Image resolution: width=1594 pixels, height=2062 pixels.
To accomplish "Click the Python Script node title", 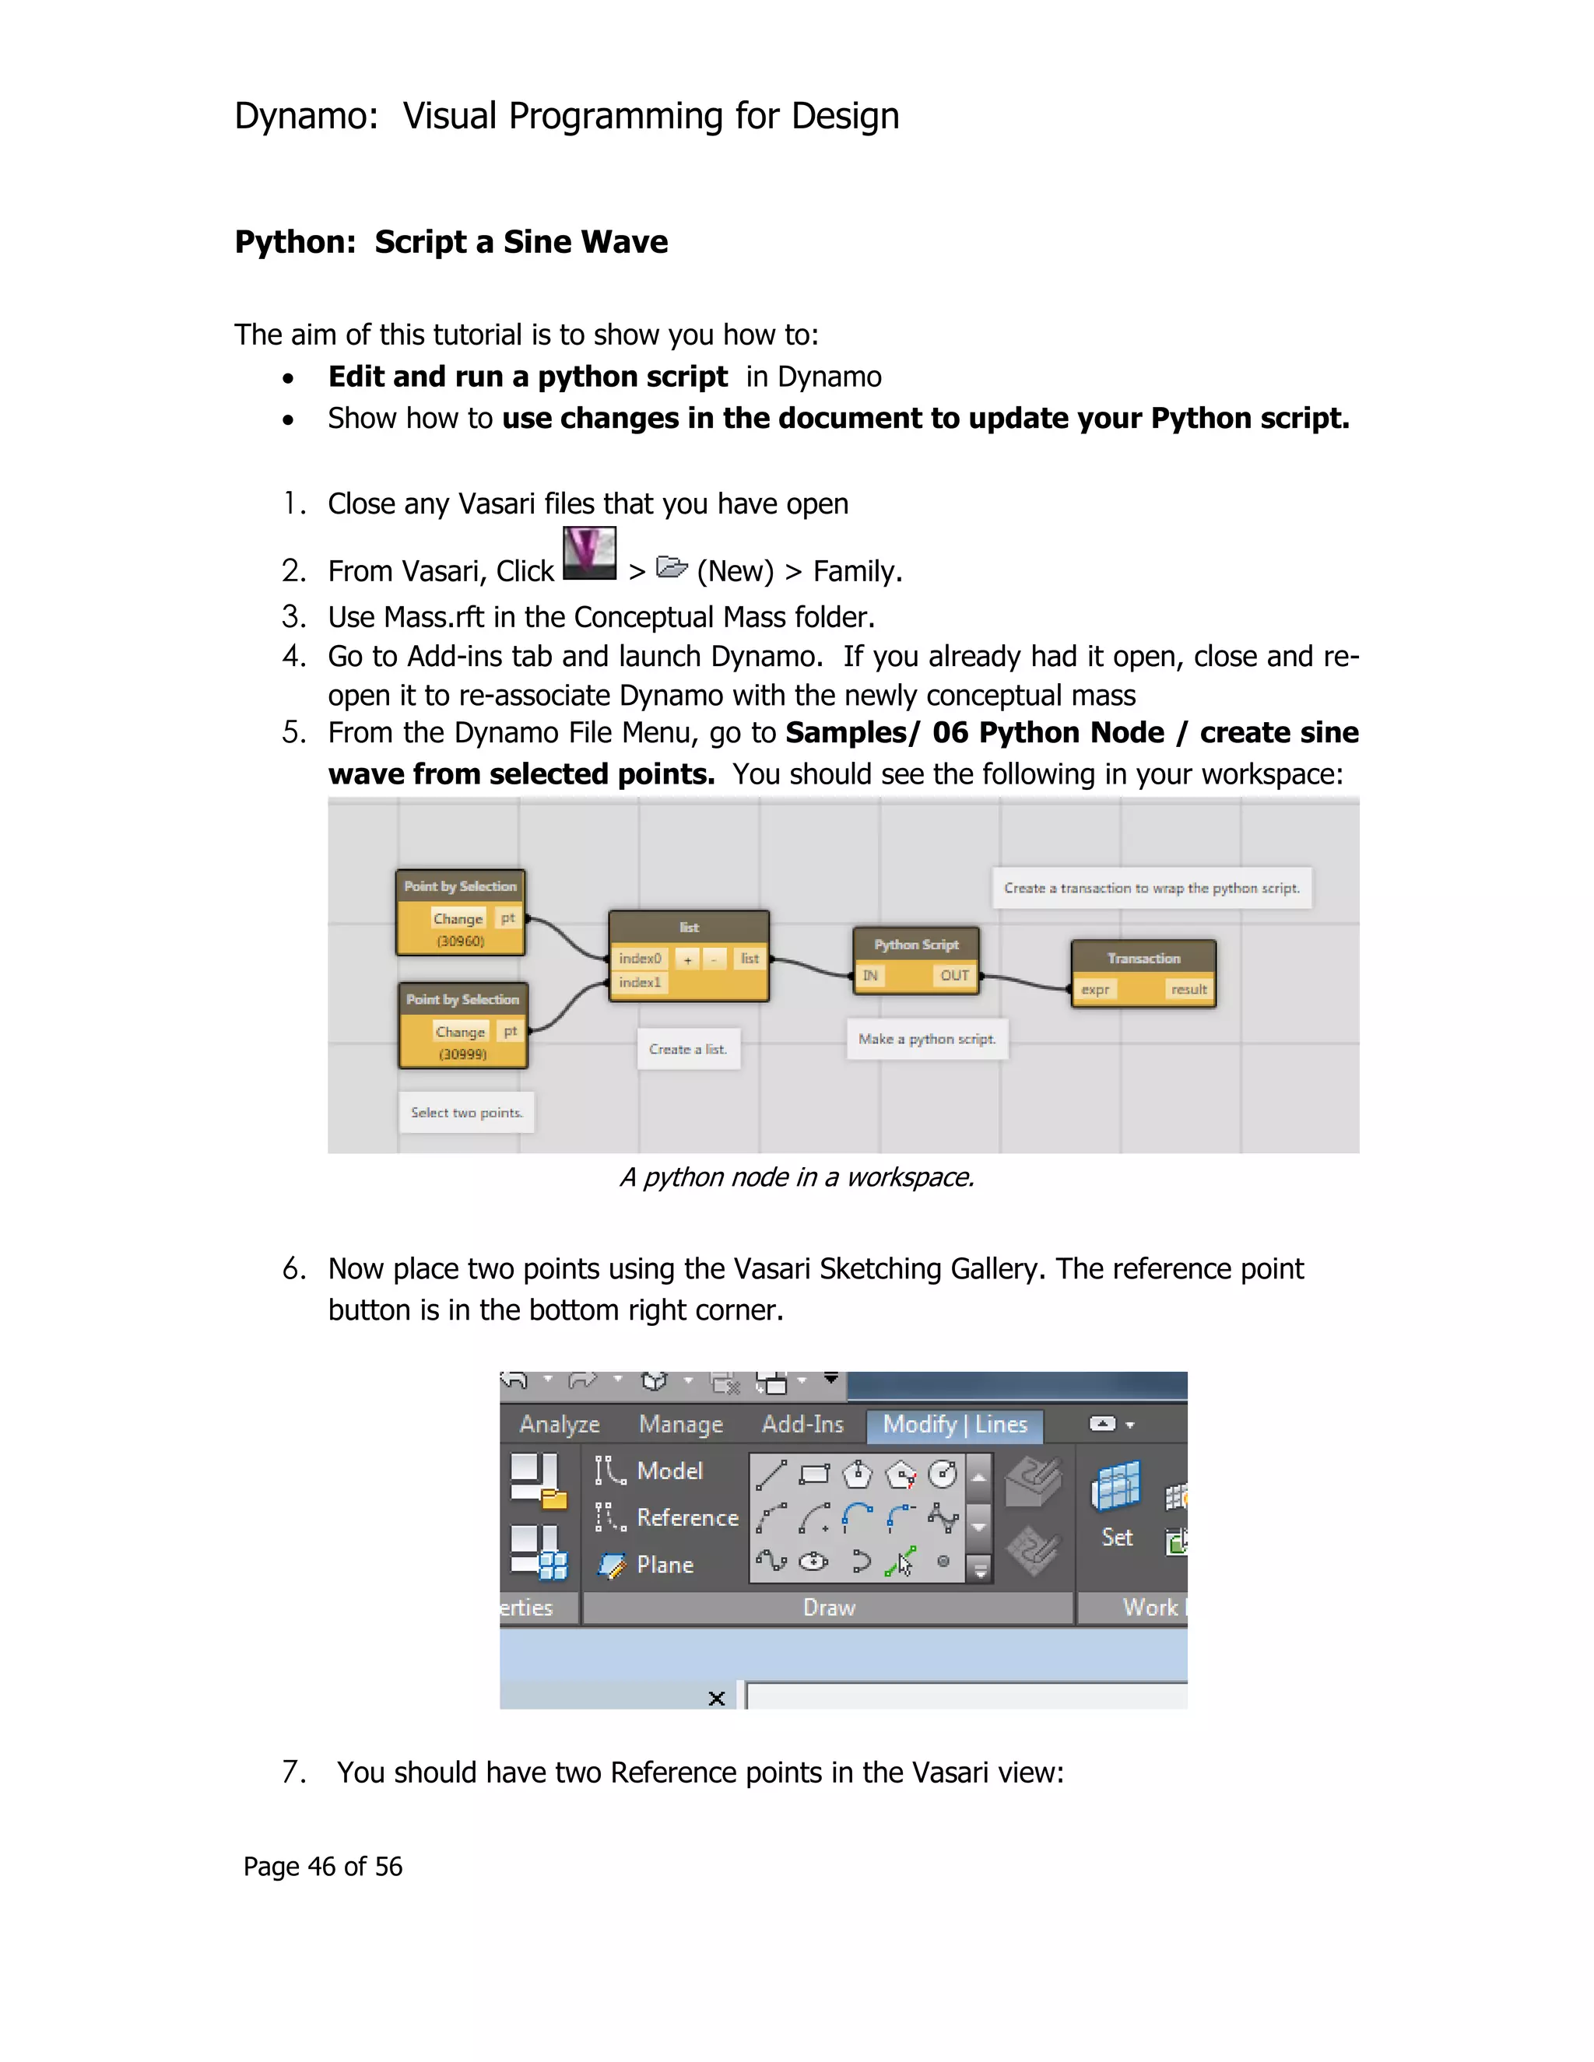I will click(915, 944).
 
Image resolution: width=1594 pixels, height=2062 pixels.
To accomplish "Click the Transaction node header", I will click(1143, 959).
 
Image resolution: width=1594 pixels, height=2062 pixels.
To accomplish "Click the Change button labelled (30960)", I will click(458, 919).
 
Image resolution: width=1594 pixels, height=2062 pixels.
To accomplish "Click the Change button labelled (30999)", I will click(460, 1032).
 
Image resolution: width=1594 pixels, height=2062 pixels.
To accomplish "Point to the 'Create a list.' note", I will click(687, 1049).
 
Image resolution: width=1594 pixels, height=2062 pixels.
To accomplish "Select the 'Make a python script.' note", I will click(926, 1039).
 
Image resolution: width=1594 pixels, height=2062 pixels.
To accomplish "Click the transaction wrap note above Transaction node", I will click(1151, 889).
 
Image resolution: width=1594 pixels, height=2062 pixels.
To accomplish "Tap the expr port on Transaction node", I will click(1095, 990).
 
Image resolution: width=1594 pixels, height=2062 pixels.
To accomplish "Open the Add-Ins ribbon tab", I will click(802, 1424).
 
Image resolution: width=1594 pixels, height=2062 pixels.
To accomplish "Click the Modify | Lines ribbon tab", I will click(955, 1424).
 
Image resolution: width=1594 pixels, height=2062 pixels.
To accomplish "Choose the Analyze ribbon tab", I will click(559, 1424).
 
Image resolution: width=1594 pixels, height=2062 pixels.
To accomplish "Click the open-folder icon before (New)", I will click(672, 567).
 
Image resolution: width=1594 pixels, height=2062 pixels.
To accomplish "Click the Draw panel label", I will click(828, 1608).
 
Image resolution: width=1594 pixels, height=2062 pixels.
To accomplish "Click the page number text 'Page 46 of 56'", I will click(322, 1867).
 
